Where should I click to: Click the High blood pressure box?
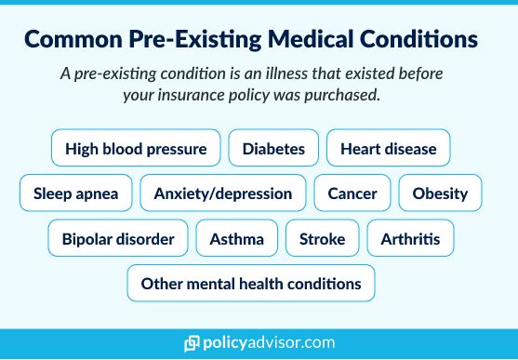(136, 148)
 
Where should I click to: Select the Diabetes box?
(273, 148)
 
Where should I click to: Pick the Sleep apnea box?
(75, 193)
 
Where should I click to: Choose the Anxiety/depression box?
(222, 193)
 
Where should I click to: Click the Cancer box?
(352, 193)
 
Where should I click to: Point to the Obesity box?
(440, 193)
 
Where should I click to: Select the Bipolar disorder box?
(118, 239)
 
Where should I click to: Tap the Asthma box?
(236, 239)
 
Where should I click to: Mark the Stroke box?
(322, 239)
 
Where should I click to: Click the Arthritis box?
(410, 239)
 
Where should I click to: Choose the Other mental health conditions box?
(250, 284)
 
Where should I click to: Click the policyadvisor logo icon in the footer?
(193, 343)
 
